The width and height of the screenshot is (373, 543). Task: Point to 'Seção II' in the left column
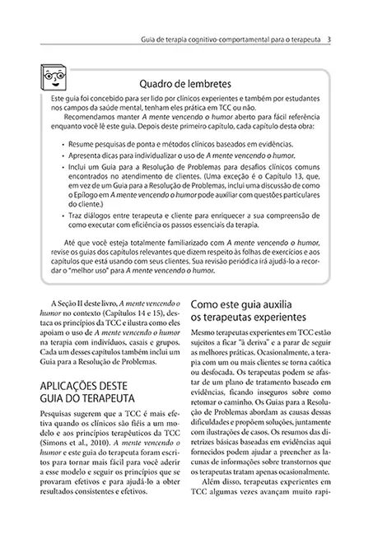pyautogui.click(x=71, y=304)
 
